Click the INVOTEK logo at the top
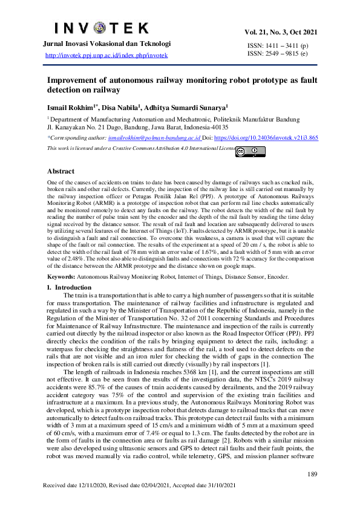pos(102,28)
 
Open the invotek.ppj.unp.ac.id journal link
pos(107,56)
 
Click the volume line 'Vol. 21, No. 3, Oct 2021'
pos(281,32)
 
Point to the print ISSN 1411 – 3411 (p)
pos(278,45)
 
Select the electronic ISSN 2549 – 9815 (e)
pos(278,54)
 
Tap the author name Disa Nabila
pos(122,107)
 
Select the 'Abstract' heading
pos(61,172)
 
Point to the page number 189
pos(312,474)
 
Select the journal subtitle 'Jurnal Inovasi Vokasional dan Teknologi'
pos(106,44)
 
